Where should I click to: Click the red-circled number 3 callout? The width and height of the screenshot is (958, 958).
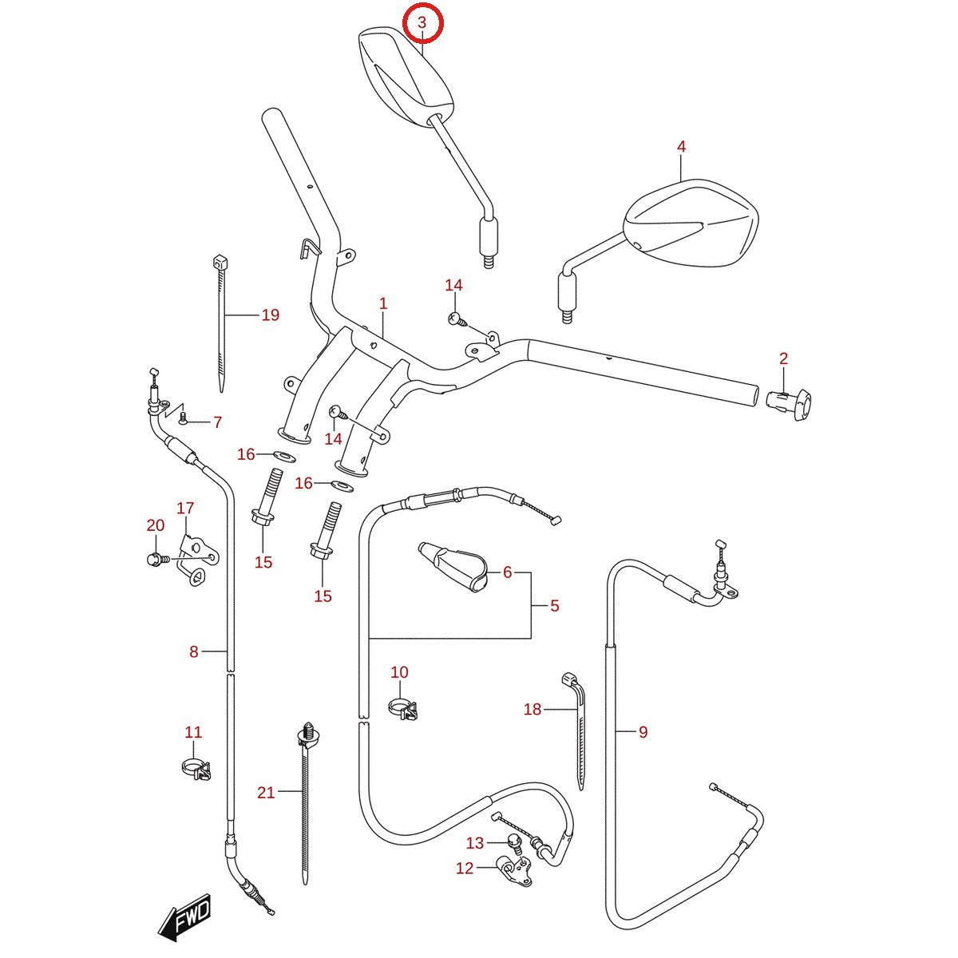click(422, 22)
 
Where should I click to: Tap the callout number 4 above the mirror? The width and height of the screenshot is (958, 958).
click(681, 147)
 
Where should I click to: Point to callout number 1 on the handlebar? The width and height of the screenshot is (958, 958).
click(383, 303)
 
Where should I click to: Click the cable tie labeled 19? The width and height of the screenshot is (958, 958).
click(220, 323)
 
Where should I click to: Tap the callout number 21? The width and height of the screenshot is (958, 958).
click(266, 793)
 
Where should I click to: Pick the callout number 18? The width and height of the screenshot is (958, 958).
click(532, 710)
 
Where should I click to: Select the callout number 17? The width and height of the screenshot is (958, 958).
click(185, 508)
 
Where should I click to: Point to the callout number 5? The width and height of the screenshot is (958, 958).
click(554, 605)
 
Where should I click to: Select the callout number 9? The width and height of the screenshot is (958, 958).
click(643, 732)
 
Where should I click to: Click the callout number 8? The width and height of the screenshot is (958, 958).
click(194, 651)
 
